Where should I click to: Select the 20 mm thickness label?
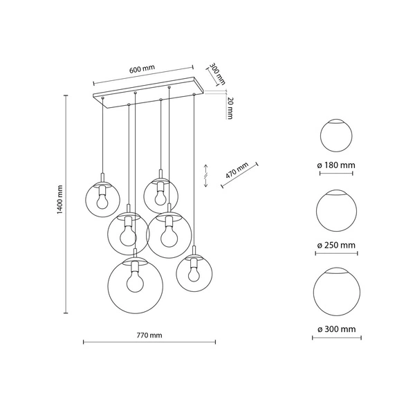pos(230,109)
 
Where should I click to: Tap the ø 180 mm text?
pos(335,165)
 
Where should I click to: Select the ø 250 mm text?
pos(335,246)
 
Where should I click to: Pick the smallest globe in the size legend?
pos(335,136)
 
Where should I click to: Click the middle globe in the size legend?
pos(335,211)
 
